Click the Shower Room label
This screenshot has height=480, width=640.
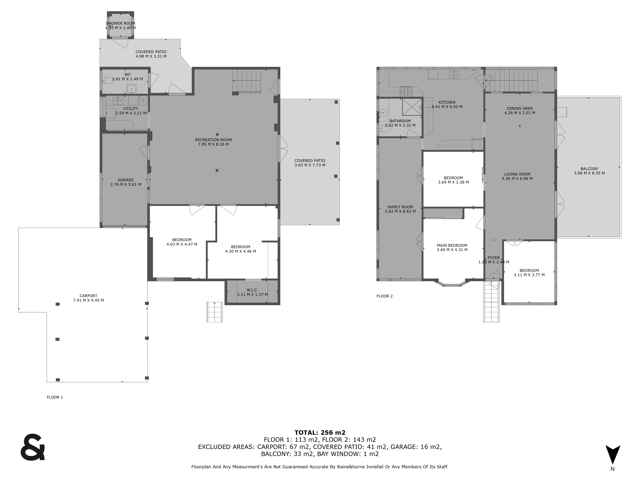click(120, 23)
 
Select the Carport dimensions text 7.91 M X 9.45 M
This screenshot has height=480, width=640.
click(88, 300)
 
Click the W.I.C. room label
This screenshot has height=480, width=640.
click(252, 290)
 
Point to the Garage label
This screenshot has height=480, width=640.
click(126, 180)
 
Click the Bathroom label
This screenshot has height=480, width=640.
click(400, 121)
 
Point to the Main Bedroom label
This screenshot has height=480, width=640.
click(452, 245)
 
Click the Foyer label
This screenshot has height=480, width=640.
click(494, 258)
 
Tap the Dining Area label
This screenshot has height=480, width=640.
click(520, 108)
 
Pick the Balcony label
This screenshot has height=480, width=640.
click(589, 169)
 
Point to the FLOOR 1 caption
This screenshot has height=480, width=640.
click(55, 397)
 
